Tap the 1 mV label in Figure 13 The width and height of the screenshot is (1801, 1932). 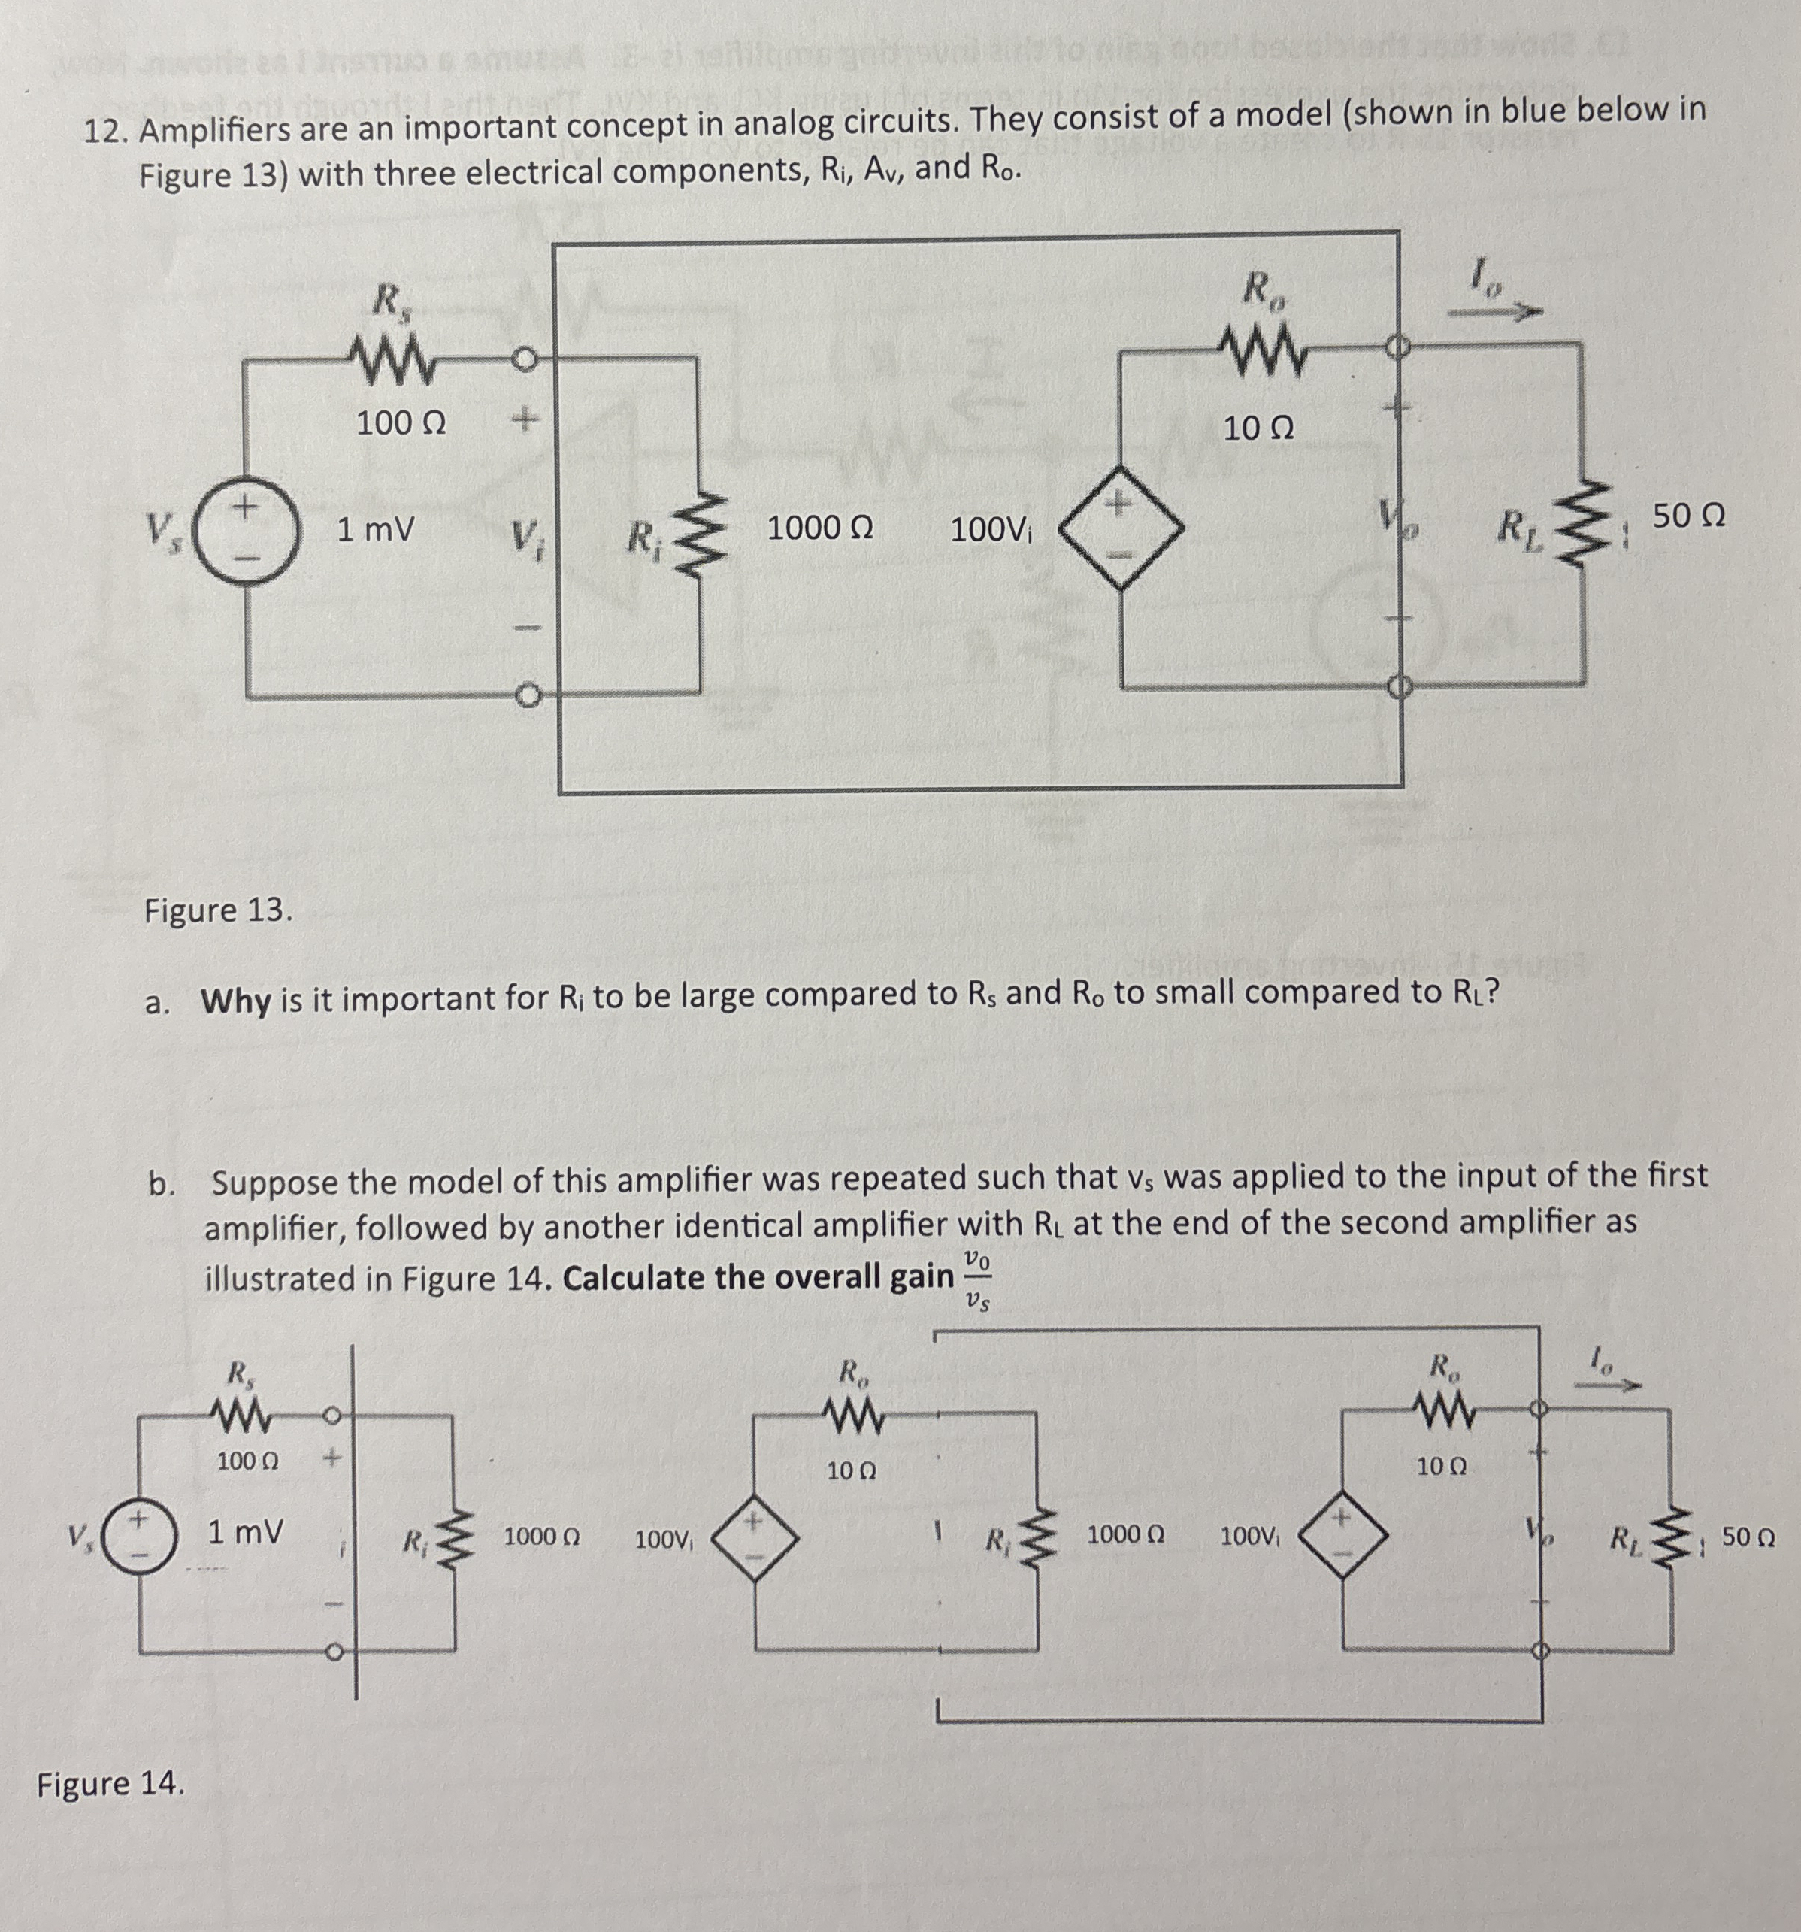pyautogui.click(x=375, y=530)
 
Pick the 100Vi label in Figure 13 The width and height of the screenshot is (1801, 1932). pyautogui.click(x=991, y=531)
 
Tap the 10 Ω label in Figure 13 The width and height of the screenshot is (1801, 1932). pyautogui.click(x=1258, y=428)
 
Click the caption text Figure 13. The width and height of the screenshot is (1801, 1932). pyautogui.click(x=218, y=910)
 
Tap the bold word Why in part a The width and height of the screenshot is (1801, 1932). pyautogui.click(x=235, y=1000)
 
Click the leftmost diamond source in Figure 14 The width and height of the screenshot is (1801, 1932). pyautogui.click(x=756, y=1537)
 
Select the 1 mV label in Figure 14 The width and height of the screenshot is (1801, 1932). pyautogui.click(x=245, y=1533)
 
